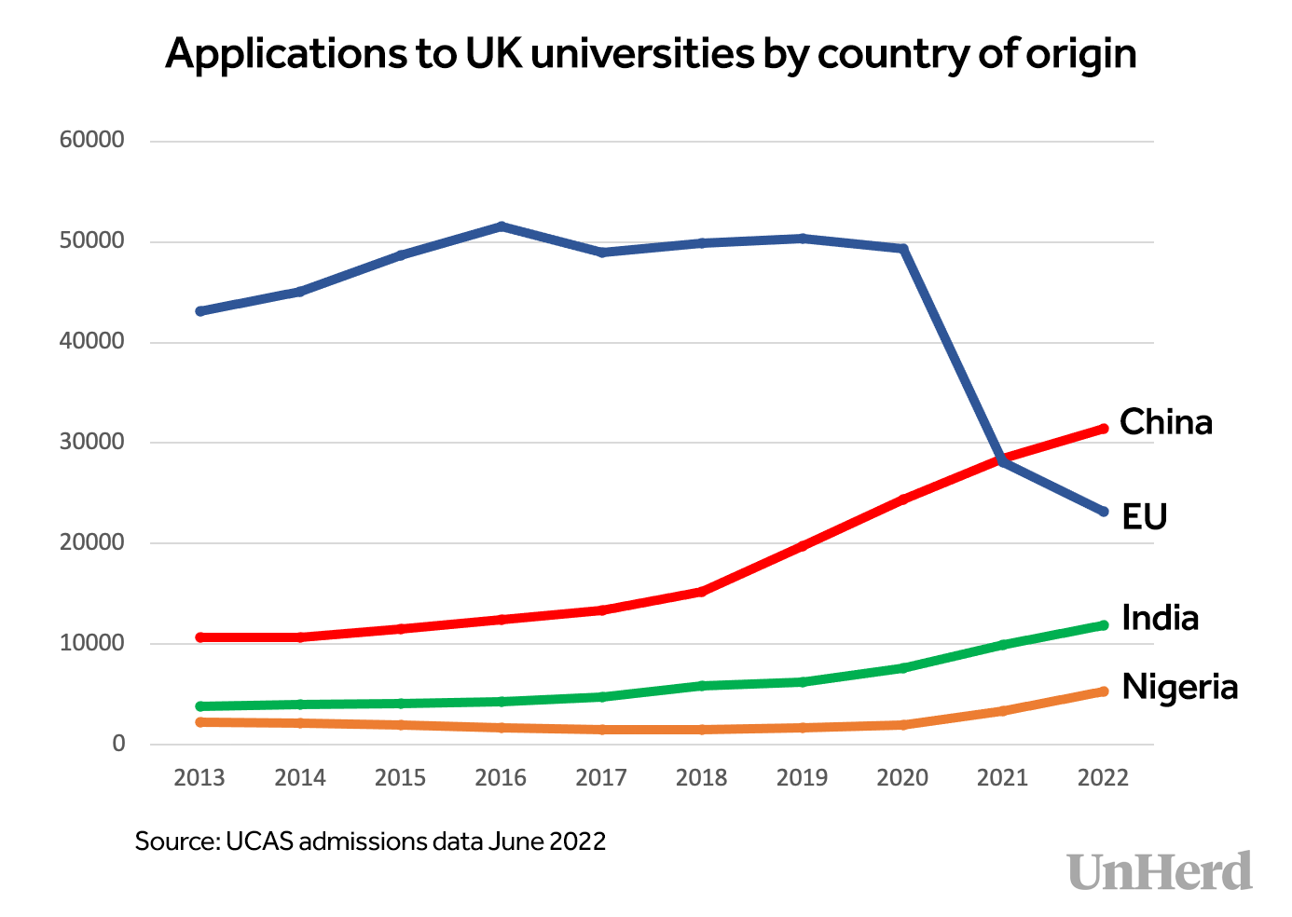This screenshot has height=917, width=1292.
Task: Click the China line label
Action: pyautogui.click(x=1165, y=422)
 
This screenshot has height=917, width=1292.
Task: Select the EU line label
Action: pyautogui.click(x=1144, y=516)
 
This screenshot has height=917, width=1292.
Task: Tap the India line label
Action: pyautogui.click(x=1160, y=618)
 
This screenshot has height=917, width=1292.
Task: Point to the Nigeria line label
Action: pyautogui.click(x=1179, y=687)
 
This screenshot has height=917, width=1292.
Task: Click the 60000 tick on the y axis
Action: pyautogui.click(x=91, y=141)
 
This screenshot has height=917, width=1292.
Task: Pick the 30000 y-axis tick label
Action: pyautogui.click(x=91, y=442)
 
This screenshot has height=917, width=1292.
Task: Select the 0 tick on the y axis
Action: pyautogui.click(x=118, y=744)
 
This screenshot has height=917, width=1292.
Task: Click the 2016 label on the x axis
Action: pyautogui.click(x=501, y=777)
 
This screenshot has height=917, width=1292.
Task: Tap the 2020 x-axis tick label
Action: pyautogui.click(x=902, y=777)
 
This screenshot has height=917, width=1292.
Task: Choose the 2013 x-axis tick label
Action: pyautogui.click(x=199, y=777)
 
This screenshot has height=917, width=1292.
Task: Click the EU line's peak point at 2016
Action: pyautogui.click(x=502, y=226)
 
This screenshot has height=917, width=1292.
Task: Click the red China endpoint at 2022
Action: pyautogui.click(x=1104, y=429)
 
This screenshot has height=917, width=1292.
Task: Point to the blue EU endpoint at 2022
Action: pyautogui.click(x=1104, y=512)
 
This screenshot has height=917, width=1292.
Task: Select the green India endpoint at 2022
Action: pyautogui.click(x=1104, y=625)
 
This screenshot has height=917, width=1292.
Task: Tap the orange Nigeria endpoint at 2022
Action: pyautogui.click(x=1104, y=691)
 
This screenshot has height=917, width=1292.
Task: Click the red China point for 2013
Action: pyautogui.click(x=200, y=637)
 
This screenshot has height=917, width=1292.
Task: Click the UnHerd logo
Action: pyautogui.click(x=1160, y=871)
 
